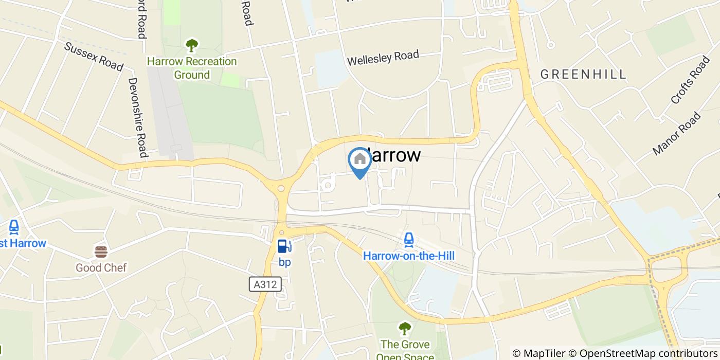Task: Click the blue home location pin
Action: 359,160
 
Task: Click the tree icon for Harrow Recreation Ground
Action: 192,45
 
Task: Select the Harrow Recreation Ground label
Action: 192,68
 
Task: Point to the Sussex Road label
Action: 94,56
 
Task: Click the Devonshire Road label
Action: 138,117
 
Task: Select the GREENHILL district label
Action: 583,74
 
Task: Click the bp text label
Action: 284,262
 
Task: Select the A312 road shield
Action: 265,284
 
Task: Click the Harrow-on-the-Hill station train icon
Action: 409,239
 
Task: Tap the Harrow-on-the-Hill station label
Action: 409,256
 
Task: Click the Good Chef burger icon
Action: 101,251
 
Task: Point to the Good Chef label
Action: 101,267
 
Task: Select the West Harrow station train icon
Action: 14,227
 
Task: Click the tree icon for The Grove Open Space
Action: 405,328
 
